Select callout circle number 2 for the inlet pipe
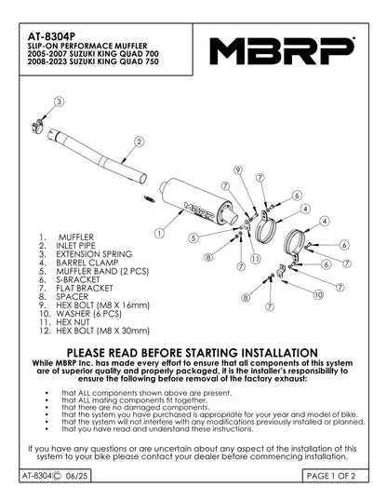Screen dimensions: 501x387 (x=139, y=142)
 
